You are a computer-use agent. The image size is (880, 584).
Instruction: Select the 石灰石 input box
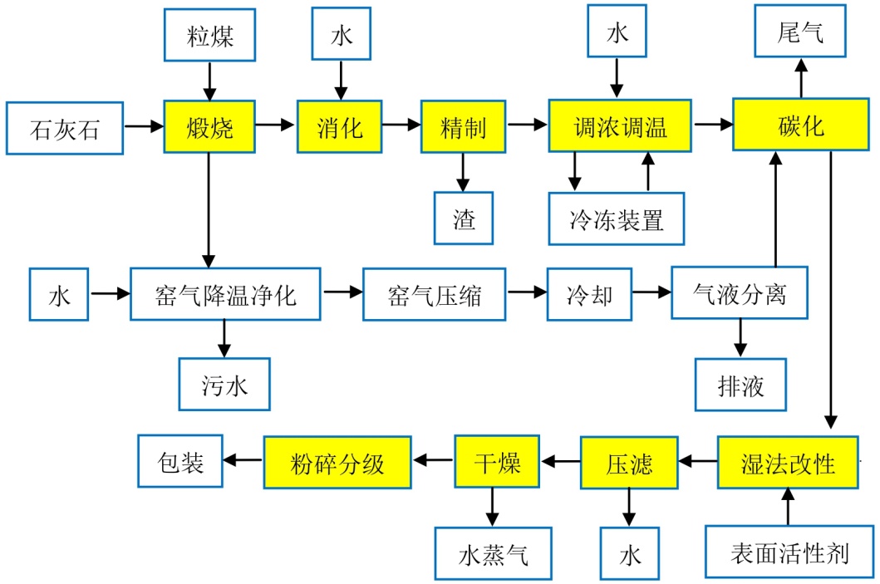pyautogui.click(x=64, y=128)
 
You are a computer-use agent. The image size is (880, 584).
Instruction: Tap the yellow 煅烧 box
pyautogui.click(x=209, y=127)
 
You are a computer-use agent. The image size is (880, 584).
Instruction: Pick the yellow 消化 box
pyautogui.click(x=339, y=127)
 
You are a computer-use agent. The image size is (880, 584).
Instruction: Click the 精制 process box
pyautogui.click(x=463, y=127)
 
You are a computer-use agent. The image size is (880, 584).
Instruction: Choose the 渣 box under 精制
pyautogui.click(x=464, y=218)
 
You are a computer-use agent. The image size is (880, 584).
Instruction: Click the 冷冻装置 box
pyautogui.click(x=616, y=219)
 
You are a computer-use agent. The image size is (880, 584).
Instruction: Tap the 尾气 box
pyautogui.click(x=800, y=34)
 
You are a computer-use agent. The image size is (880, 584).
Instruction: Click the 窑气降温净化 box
pyautogui.click(x=225, y=294)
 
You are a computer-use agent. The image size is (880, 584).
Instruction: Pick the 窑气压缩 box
pyautogui.click(x=434, y=295)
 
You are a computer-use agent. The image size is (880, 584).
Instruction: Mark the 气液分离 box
pyautogui.click(x=740, y=292)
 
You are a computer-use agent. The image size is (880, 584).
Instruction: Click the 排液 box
pyautogui.click(x=740, y=385)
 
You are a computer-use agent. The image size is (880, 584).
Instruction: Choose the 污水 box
pyautogui.click(x=224, y=385)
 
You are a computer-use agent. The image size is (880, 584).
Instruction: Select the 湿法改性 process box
pyautogui.click(x=787, y=463)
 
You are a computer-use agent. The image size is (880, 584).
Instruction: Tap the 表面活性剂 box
pyautogui.click(x=789, y=552)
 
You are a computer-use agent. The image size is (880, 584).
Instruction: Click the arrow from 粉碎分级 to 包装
pyautogui.click(x=244, y=462)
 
